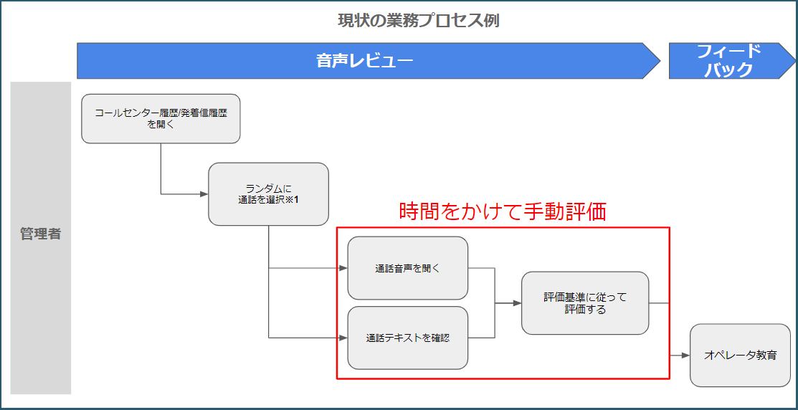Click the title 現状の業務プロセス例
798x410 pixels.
pos(418,21)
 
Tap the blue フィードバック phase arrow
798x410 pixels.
pos(732,61)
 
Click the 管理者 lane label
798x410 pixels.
pos(41,235)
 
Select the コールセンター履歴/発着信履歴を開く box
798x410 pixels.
pos(161,118)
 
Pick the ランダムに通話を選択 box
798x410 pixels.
pos(268,194)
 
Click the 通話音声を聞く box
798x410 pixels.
pos(408,268)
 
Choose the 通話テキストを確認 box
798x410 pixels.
pos(408,338)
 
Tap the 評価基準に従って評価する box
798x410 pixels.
pos(585,303)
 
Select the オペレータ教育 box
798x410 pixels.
pos(740,355)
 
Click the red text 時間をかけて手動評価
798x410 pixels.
pos(503,212)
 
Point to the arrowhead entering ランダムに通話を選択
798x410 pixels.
pos(204,194)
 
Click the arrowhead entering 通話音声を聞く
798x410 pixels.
pos(343,268)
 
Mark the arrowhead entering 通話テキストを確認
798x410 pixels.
pos(343,338)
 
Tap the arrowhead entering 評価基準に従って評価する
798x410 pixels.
pos(518,303)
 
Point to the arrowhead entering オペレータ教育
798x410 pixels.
pos(686,355)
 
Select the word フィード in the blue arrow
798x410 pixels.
pos(728,51)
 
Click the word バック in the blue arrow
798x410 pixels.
pos(728,70)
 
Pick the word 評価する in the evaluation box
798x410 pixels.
pos(585,309)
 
